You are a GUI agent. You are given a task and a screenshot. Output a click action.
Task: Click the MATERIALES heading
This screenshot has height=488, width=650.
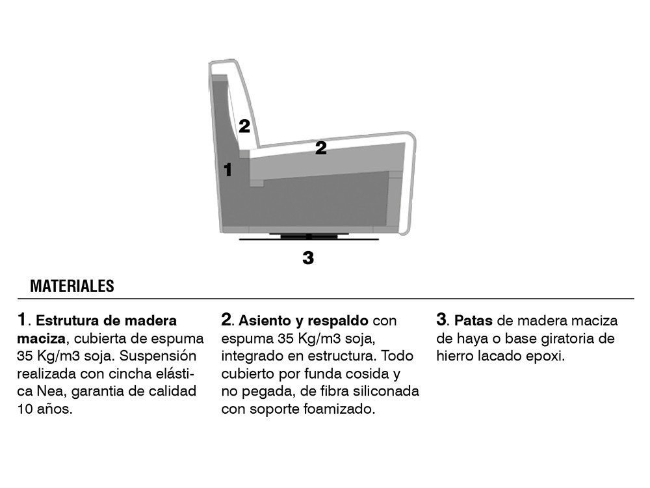[x=72, y=286]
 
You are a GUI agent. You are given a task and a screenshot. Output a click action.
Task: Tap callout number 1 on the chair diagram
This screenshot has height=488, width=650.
[x=227, y=170]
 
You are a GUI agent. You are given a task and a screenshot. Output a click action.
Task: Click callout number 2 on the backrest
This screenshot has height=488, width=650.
[x=244, y=126]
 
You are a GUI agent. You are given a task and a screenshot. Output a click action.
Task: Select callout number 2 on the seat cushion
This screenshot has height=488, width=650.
[x=320, y=148]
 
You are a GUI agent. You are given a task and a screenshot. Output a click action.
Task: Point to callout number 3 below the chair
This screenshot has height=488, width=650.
[x=308, y=258]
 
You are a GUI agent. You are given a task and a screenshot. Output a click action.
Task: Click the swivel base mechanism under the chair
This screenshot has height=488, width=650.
[x=309, y=237]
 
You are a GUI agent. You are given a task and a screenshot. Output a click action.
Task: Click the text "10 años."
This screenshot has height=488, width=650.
[x=45, y=409]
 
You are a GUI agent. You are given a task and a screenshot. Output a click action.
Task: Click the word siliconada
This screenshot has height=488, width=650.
[x=384, y=391]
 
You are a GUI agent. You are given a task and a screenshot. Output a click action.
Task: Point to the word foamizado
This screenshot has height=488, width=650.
[x=339, y=409]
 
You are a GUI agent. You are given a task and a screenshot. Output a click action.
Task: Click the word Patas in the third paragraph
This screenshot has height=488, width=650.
[x=473, y=321]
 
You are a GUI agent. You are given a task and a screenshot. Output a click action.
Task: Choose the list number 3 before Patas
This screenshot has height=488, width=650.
[x=441, y=319]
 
